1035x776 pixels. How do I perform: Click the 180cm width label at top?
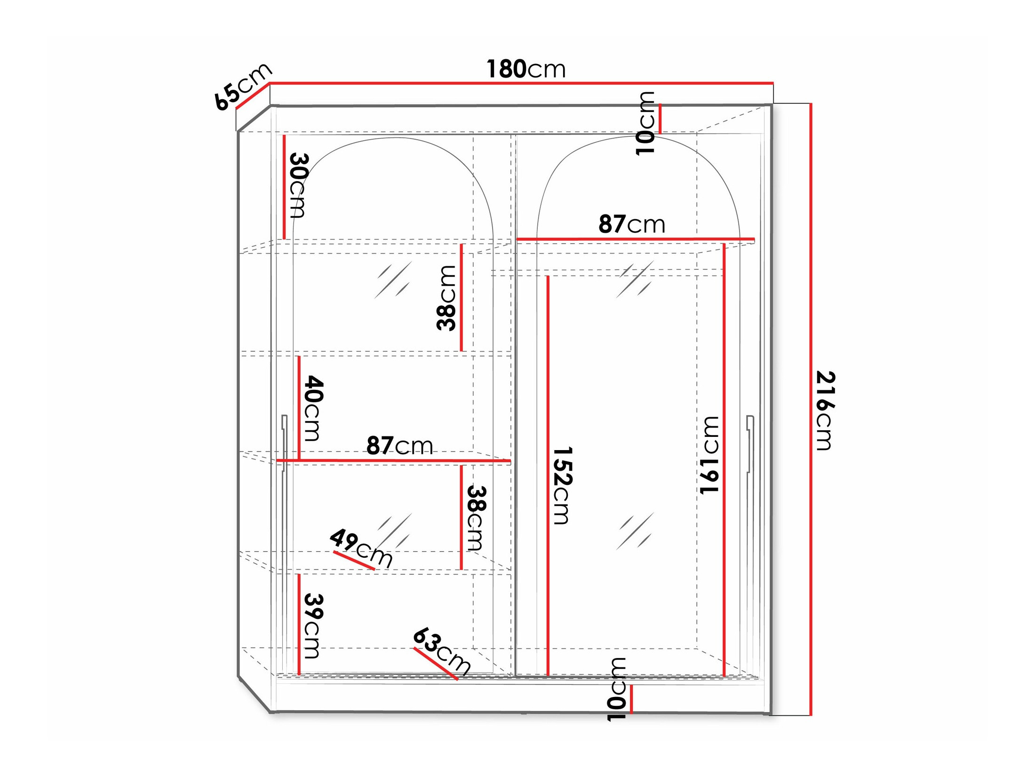525,69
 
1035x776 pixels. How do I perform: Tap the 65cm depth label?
242,87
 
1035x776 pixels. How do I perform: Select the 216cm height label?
824,410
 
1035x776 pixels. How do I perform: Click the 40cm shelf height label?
313,408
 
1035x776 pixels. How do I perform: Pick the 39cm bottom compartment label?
313,626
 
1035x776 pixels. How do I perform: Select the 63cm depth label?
442,651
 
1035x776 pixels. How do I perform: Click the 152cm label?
562,485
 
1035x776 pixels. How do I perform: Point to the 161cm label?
709,455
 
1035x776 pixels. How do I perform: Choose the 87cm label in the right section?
631,224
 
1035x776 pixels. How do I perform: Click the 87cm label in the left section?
399,445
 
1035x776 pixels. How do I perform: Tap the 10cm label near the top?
645,123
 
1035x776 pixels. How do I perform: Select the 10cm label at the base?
617,689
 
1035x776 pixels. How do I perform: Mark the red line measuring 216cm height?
811,409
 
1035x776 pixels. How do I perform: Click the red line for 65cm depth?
252,96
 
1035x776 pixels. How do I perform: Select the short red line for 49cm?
354,560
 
